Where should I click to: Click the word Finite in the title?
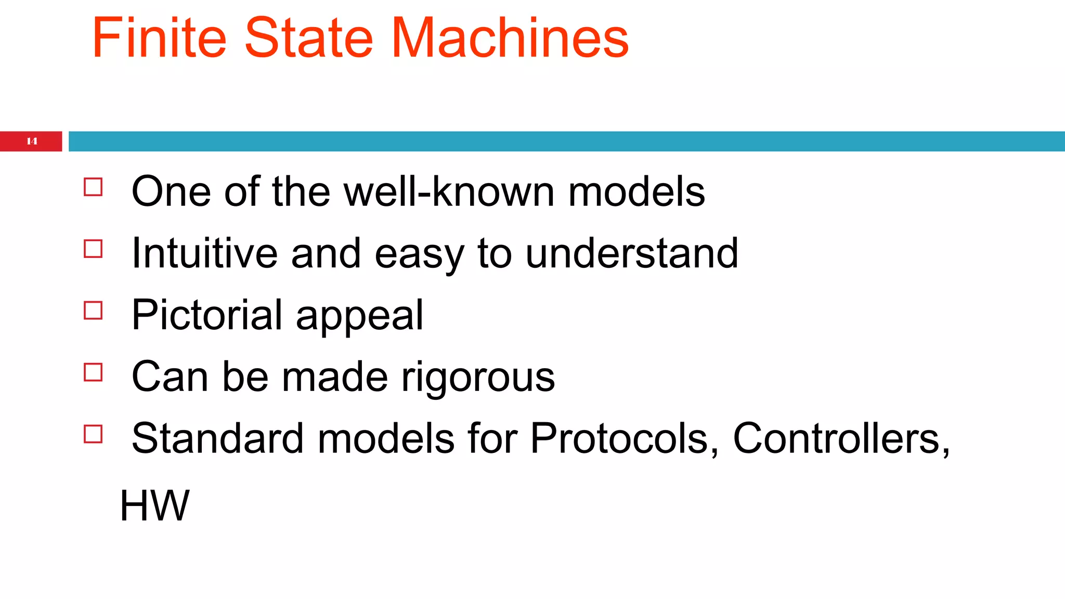point(159,38)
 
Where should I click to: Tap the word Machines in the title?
point(510,38)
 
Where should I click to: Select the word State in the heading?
point(308,38)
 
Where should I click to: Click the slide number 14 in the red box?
point(32,141)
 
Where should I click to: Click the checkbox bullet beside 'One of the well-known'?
point(93,187)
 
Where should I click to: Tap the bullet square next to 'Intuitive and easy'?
point(93,249)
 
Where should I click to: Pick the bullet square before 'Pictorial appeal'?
point(93,310)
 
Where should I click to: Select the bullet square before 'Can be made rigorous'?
point(93,372)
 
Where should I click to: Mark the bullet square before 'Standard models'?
point(93,434)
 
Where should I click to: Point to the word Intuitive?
point(204,253)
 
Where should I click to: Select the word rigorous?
point(478,377)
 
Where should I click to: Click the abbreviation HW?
point(154,505)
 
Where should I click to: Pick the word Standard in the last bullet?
point(217,438)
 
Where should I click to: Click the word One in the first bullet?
point(171,192)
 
